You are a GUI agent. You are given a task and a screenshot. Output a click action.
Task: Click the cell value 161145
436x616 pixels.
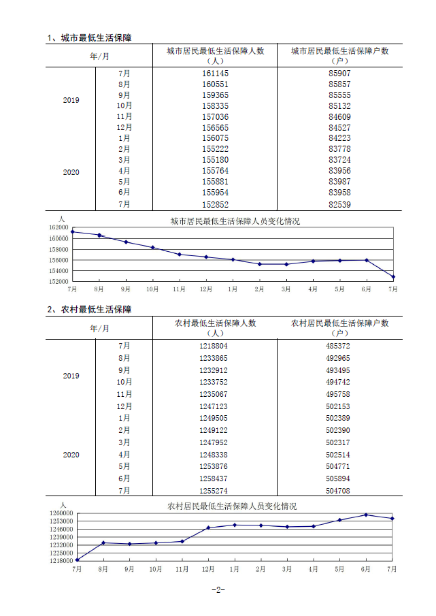(215, 73)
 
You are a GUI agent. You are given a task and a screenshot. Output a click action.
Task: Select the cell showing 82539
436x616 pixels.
(339, 204)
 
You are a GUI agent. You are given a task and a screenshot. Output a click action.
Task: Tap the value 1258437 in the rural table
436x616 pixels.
(215, 479)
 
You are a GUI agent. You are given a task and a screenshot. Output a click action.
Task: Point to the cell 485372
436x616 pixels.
(339, 346)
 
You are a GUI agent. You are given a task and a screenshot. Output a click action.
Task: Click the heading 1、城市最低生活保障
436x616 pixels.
(89, 37)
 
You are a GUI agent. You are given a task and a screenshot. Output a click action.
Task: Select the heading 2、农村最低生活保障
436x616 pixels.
(89, 309)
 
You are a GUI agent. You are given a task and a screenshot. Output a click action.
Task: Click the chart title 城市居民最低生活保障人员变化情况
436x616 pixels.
(235, 221)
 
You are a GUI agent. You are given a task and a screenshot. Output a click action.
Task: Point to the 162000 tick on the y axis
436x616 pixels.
(59, 228)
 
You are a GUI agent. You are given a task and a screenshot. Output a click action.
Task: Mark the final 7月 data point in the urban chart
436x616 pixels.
(393, 277)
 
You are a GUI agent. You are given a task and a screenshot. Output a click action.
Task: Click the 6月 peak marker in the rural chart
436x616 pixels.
(366, 515)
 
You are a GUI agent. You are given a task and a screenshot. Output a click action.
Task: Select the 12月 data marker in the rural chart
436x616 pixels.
(208, 528)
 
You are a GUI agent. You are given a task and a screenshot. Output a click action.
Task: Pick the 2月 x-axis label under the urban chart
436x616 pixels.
(259, 289)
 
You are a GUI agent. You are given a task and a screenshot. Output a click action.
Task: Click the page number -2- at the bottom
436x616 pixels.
(218, 590)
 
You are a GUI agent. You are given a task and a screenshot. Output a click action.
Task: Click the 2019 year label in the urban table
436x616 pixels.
(71, 100)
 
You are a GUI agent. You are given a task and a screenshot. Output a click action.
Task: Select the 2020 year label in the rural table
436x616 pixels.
(71, 455)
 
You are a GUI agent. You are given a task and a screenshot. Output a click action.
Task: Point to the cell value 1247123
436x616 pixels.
(215, 406)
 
